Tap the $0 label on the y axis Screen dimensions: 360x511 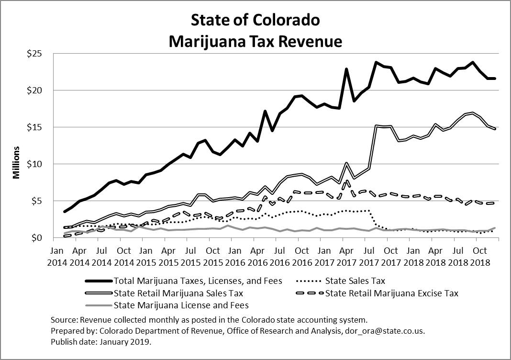point(42,237)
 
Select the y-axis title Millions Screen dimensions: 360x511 point(16,163)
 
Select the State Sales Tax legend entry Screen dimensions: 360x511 point(355,281)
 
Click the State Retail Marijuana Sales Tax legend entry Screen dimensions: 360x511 point(178,293)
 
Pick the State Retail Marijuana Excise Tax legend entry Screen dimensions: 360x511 point(391,293)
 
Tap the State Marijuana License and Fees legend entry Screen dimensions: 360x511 point(181,305)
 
